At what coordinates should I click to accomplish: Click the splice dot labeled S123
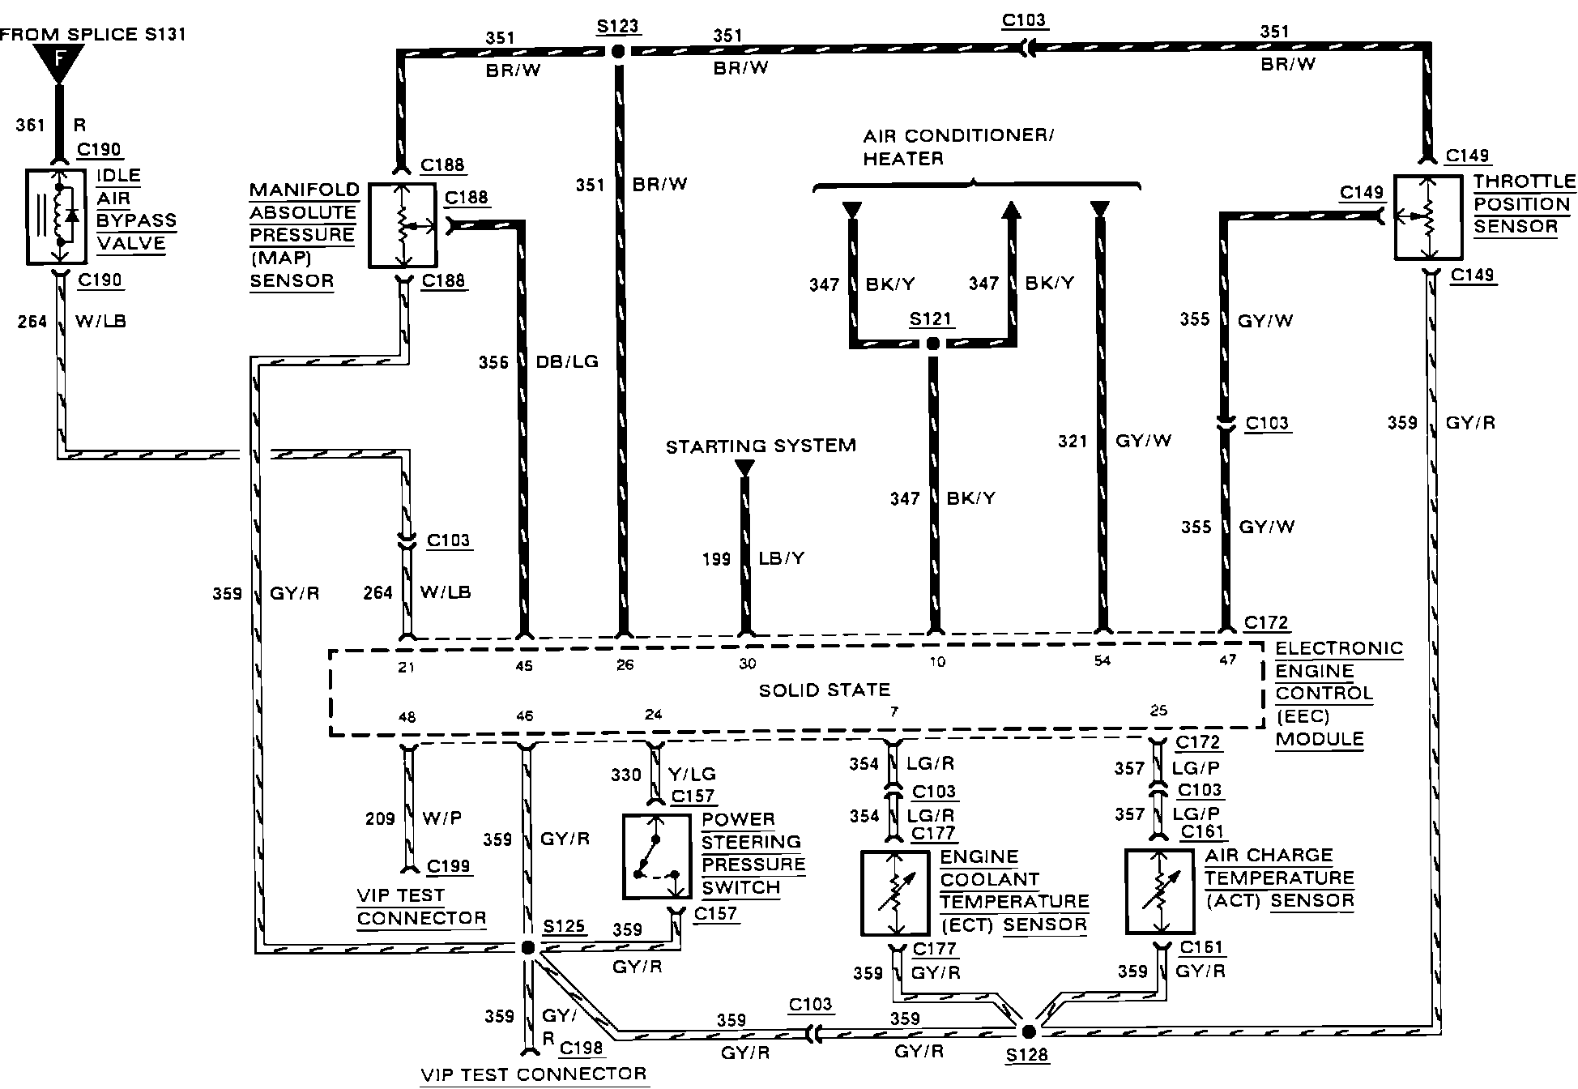pos(617,52)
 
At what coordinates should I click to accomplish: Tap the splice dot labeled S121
pos(932,344)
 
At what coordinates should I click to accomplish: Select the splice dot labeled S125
pos(527,947)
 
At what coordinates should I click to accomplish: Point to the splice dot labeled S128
pos(1028,1031)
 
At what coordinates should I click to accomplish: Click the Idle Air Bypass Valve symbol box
pos(57,216)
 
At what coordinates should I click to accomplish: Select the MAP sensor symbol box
pos(403,226)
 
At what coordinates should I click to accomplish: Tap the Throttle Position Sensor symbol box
pos(1428,217)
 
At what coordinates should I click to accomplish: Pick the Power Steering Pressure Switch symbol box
pos(657,857)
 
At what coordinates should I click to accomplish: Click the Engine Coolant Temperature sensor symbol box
pos(895,892)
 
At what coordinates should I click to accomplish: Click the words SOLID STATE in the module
pos(824,690)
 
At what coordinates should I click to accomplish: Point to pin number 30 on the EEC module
pos(747,664)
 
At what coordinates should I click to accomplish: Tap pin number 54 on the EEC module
pos(1102,661)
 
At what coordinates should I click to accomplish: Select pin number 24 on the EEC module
pos(653,715)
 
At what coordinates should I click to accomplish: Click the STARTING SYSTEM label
pos(761,446)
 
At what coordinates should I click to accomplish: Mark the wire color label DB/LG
pos(567,361)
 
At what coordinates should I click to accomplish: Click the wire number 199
pos(716,558)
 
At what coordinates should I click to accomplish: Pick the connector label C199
pos(448,865)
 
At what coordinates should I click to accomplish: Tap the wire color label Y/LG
pos(692,774)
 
